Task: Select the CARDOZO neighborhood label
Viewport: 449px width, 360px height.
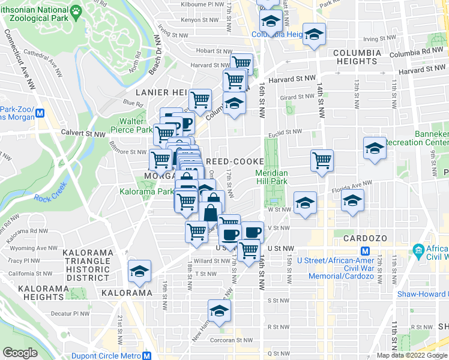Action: (363, 238)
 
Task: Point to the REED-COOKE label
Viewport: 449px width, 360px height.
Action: (235, 162)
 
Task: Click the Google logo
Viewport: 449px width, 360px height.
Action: (20, 353)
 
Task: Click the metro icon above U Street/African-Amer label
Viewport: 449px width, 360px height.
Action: (364, 251)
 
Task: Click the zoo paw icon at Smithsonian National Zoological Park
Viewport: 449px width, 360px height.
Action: (76, 11)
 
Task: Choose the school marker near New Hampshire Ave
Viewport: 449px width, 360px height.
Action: (219, 312)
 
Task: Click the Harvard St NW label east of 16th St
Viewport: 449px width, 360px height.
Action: (292, 79)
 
